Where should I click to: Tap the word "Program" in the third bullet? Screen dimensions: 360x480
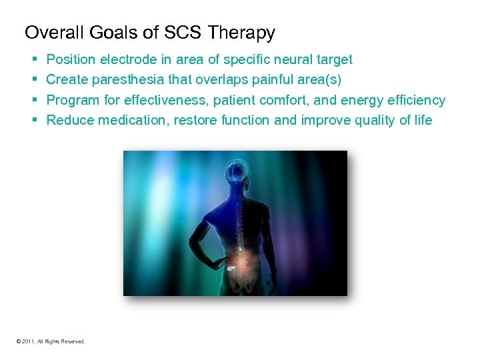72,100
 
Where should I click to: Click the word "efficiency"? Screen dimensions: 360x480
413,100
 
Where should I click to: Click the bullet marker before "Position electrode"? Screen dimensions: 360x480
34,60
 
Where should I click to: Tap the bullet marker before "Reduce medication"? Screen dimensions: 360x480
34,120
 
